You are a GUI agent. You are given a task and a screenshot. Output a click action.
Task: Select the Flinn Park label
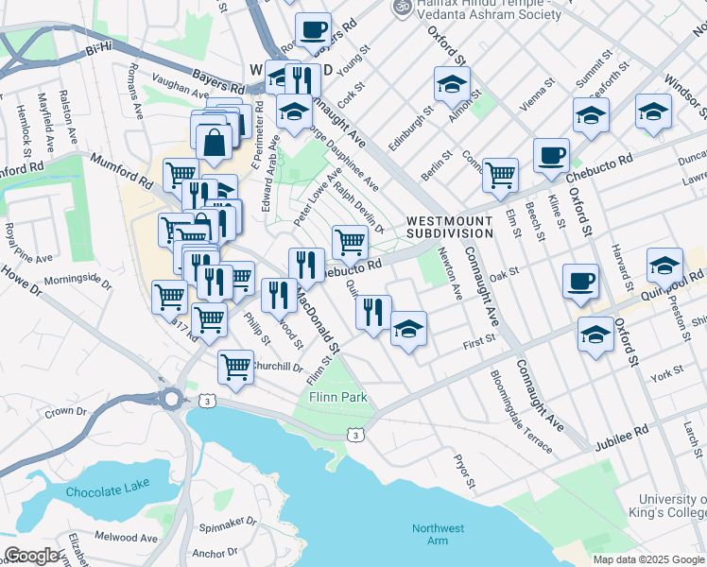point(338,398)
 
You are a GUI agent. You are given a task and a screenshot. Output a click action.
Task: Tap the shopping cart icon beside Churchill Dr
point(235,365)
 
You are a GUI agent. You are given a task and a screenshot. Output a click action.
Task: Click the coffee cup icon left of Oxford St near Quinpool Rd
point(580,280)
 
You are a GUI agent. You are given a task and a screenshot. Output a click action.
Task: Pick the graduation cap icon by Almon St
point(452,83)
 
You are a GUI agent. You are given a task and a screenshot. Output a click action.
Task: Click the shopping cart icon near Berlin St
point(500,173)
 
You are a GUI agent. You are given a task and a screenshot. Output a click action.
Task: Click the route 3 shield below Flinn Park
point(353,435)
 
